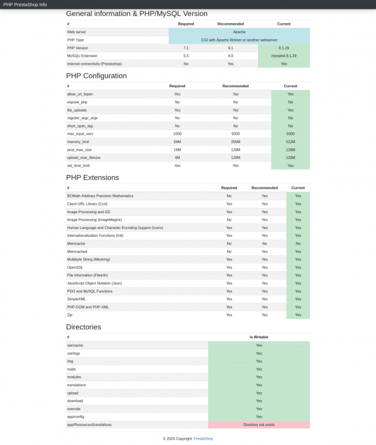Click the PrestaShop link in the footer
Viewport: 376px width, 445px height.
click(x=203, y=438)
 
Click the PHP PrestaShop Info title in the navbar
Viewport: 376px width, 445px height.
click(x=25, y=4)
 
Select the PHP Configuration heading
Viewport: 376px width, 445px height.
click(x=96, y=76)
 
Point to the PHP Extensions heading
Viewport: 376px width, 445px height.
click(x=93, y=177)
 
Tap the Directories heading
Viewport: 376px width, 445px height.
click(x=84, y=327)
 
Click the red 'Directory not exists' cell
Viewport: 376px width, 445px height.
click(x=259, y=425)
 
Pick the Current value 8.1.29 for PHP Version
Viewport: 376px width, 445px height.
click(x=283, y=47)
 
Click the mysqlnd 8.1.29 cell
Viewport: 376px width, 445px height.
click(x=283, y=56)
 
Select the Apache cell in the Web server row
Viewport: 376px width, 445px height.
click(x=239, y=31)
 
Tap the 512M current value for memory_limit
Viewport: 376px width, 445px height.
click(x=290, y=142)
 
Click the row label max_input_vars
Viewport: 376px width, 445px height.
click(x=80, y=134)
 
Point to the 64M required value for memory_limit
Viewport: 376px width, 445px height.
click(x=177, y=142)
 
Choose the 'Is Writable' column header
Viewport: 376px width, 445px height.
click(x=259, y=337)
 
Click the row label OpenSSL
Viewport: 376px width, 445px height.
click(x=75, y=268)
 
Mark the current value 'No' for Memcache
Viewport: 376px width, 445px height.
click(x=298, y=244)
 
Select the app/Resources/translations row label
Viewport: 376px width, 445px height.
click(x=89, y=425)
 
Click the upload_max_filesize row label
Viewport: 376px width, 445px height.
click(x=83, y=158)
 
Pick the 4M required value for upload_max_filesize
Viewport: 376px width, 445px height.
click(x=177, y=158)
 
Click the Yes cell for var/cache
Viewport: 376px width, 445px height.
click(x=259, y=345)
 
